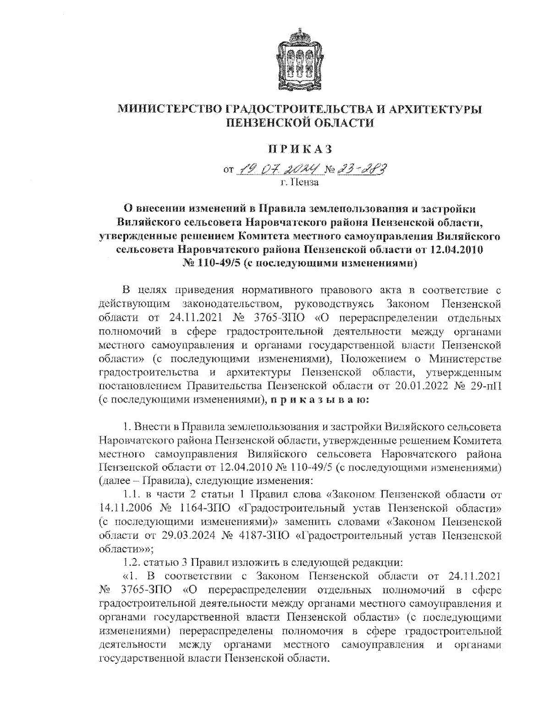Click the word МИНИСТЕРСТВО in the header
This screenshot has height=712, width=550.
point(170,110)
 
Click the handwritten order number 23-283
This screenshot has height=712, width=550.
point(362,170)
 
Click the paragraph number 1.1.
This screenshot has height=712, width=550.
point(131,495)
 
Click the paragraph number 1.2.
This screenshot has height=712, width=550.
point(131,563)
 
